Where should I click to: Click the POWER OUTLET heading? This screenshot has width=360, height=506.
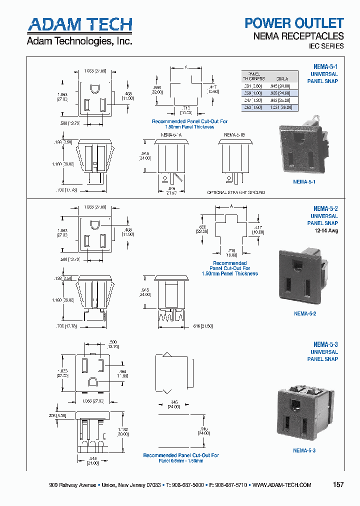pyautogui.click(x=293, y=23)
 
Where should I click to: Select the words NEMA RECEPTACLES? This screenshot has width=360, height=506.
pyautogui.click(x=305, y=36)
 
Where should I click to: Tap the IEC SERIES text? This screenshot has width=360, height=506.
pyautogui.click(x=325, y=46)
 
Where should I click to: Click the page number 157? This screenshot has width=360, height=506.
pyautogui.click(x=338, y=485)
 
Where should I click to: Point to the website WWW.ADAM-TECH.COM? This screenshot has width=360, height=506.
pyautogui.click(x=281, y=485)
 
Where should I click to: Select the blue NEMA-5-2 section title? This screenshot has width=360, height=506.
pyautogui.click(x=325, y=208)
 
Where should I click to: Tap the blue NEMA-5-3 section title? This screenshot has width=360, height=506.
pyautogui.click(x=325, y=344)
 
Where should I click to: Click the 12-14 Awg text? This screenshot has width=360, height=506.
pyautogui.click(x=326, y=230)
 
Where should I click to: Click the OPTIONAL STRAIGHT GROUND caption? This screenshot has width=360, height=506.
pyautogui.click(x=236, y=192)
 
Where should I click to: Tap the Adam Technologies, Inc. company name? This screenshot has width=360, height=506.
pyautogui.click(x=79, y=41)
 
